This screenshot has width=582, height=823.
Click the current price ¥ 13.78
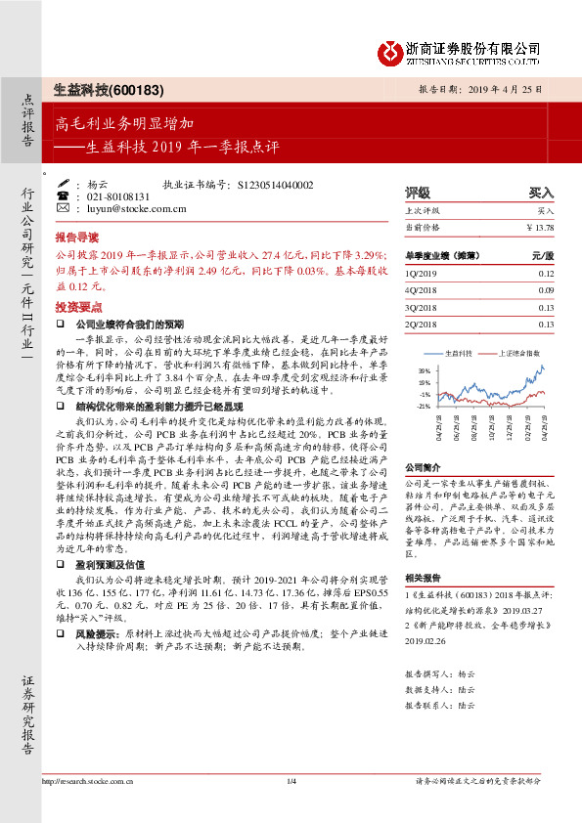(x=539, y=228)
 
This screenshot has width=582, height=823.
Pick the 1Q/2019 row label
(x=421, y=274)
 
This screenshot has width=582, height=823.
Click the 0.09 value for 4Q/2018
(x=545, y=290)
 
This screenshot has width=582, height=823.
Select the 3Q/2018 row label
(x=421, y=307)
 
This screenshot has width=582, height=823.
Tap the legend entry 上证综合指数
(x=515, y=352)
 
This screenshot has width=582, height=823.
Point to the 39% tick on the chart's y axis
(x=424, y=371)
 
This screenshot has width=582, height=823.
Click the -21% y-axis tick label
(x=423, y=406)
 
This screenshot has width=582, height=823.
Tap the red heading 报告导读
(x=76, y=238)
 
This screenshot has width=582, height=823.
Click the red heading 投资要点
(x=76, y=305)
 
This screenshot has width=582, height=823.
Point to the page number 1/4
(x=291, y=807)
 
